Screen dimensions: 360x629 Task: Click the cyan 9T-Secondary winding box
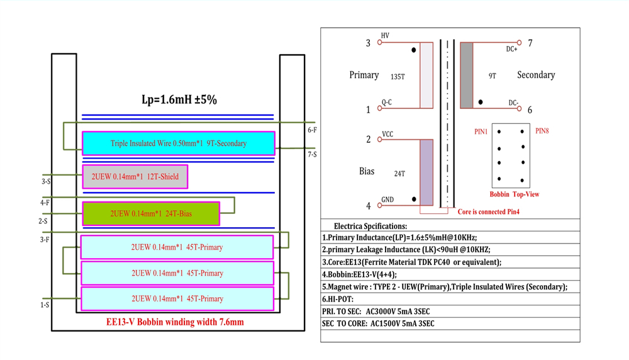tap(179, 143)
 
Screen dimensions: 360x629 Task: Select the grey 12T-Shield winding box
tap(135, 177)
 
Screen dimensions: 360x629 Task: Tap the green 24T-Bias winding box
tap(151, 213)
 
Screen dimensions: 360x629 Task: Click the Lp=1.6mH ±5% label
tap(179, 99)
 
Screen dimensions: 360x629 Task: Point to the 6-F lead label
tap(313, 130)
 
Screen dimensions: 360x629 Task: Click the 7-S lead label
tap(313, 154)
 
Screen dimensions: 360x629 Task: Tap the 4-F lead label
tap(45, 203)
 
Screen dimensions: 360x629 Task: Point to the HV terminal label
tap(385, 36)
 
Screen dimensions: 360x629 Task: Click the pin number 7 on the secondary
tap(530, 43)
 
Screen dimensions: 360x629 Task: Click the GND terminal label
tap(387, 200)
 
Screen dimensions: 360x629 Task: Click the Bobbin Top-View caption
tap(514, 194)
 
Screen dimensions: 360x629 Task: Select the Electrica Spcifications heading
tap(370, 226)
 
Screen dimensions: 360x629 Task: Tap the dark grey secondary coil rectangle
tap(467, 75)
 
